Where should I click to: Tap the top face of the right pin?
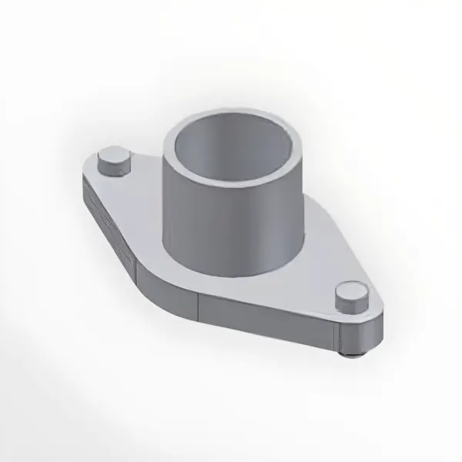(x=350, y=293)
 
